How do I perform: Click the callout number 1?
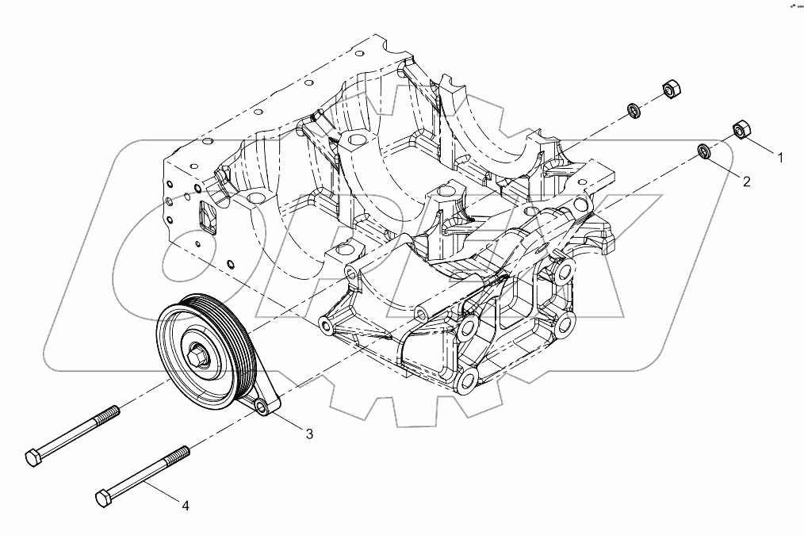pyautogui.click(x=779, y=158)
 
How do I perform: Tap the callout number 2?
pyautogui.click(x=746, y=182)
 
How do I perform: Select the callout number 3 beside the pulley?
pyautogui.click(x=309, y=434)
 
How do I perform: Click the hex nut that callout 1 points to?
pyautogui.click(x=741, y=128)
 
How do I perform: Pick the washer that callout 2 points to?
pyautogui.click(x=703, y=151)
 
